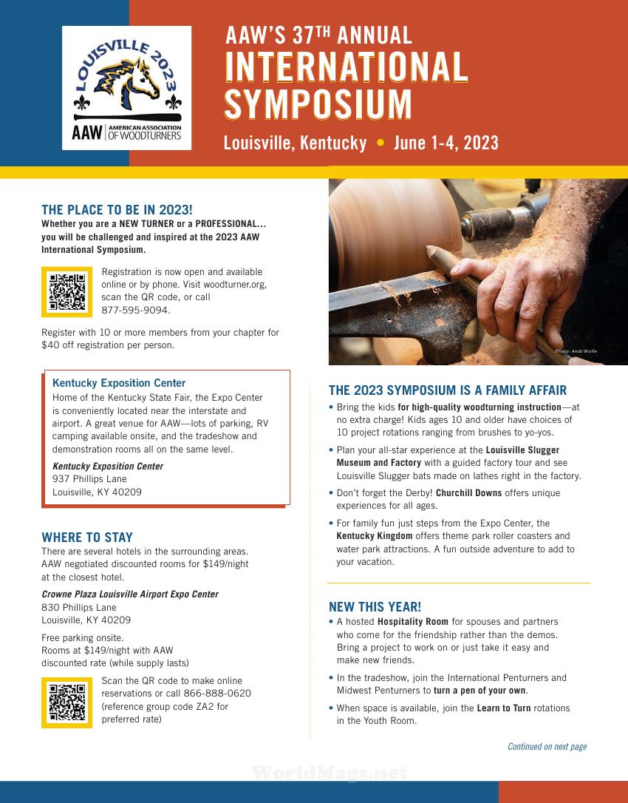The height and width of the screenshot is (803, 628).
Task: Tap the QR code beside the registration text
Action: pos(67,292)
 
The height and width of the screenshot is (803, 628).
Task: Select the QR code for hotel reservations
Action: pos(67,702)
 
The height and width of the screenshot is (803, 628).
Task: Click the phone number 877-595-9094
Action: pos(136,310)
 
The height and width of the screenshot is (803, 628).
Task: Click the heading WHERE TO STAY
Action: pos(87,538)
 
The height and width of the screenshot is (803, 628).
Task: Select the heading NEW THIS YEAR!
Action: pos(375,607)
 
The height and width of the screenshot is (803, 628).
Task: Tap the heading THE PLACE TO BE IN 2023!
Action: pos(117,209)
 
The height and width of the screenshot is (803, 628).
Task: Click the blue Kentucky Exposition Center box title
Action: pos(119,383)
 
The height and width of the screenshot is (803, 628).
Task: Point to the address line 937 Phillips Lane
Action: pos(89,479)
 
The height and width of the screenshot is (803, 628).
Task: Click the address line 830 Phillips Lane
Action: pos(79,607)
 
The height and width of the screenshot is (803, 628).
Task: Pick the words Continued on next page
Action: pos(547,747)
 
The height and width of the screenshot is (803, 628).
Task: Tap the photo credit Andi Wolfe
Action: pos(576,351)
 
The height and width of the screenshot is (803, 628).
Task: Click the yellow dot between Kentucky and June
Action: pos(380,143)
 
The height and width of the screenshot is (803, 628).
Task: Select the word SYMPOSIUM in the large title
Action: pos(318,104)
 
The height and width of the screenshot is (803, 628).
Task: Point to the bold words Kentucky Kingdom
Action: pos(374,536)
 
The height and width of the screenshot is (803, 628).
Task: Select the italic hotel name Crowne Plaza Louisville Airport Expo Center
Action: pos(130,594)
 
